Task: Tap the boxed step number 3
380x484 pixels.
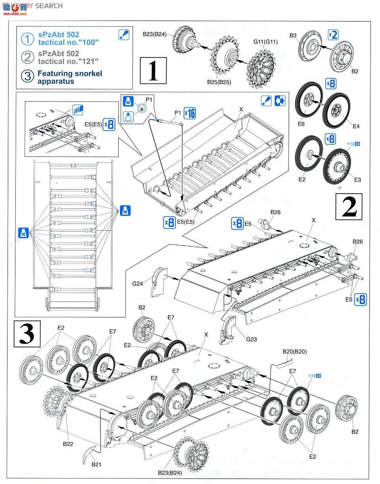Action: (x=27, y=333)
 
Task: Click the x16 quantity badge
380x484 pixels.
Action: (x=189, y=113)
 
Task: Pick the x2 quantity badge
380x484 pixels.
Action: (x=333, y=35)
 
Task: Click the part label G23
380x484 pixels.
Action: (x=251, y=339)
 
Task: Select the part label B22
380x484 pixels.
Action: (x=68, y=443)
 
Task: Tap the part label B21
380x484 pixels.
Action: (x=96, y=464)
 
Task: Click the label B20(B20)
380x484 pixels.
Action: (x=294, y=351)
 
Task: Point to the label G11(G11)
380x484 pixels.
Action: (x=265, y=42)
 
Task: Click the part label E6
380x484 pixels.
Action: (x=301, y=124)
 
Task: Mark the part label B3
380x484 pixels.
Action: (x=293, y=35)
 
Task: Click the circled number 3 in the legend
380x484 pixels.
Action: (x=27, y=76)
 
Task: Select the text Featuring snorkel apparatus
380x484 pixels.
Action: (x=69, y=77)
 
